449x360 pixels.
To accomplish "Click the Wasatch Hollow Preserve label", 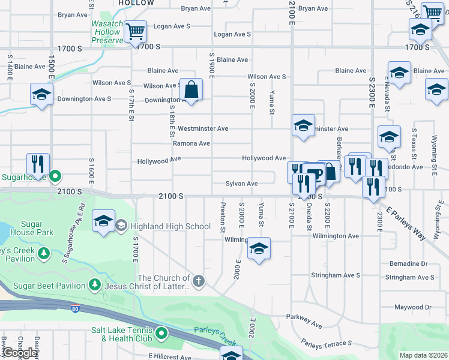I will coord(106,32).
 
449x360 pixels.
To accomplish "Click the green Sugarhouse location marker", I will coord(55,176).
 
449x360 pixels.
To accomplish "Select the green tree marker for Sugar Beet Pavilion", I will coord(94,284).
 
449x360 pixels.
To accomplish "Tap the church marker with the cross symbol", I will coord(199,280).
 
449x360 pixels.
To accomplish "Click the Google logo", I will coord(19,353).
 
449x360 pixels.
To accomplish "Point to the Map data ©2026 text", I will coord(423,355).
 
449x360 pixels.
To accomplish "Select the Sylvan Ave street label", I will coord(241,184).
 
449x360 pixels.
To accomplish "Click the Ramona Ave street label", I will coord(191,143).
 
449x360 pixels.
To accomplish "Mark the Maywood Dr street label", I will coord(413,307).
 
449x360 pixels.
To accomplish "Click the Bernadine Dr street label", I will coord(408,263).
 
